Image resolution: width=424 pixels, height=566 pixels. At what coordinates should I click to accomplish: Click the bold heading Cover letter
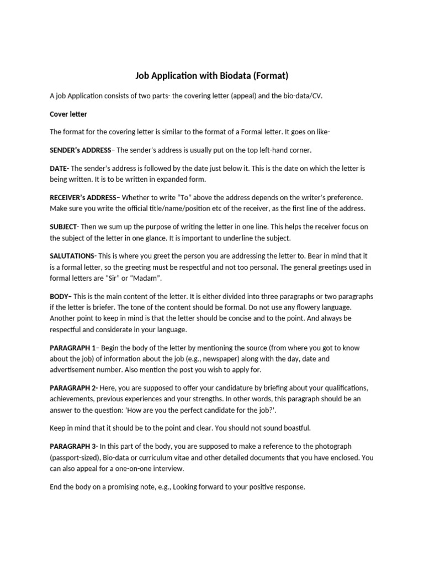click(68, 114)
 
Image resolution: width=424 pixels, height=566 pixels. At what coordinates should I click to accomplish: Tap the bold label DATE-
click(59, 168)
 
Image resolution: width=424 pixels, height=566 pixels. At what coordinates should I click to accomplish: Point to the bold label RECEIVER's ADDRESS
click(83, 197)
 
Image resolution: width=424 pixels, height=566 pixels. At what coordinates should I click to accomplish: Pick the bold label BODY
click(61, 296)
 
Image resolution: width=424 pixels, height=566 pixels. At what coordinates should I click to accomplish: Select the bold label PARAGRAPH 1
click(73, 348)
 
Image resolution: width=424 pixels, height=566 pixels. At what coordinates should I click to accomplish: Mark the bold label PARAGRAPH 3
click(73, 446)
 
